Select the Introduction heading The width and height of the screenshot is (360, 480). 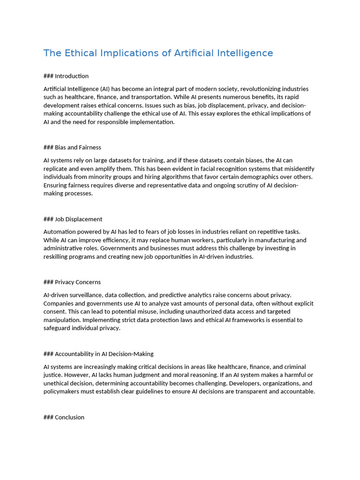coord(71,76)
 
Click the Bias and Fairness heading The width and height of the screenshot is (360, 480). coord(78,147)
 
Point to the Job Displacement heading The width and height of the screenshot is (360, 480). coord(78,219)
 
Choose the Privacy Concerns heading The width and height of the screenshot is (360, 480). coord(77,282)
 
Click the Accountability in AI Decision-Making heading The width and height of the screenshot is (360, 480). coord(104,354)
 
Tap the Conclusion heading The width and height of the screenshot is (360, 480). coord(69,417)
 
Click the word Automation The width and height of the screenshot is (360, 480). coord(60,232)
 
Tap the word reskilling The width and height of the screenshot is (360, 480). coord(57,256)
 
